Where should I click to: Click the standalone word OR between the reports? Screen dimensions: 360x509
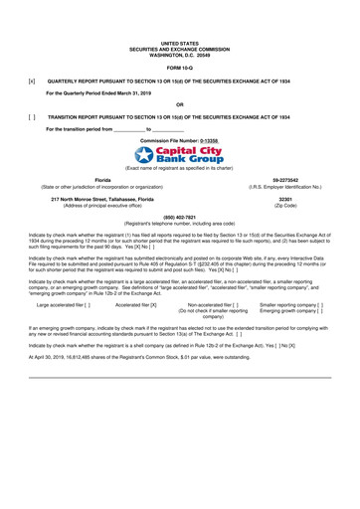[179, 103]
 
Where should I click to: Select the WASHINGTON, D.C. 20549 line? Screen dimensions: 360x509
[179, 53]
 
